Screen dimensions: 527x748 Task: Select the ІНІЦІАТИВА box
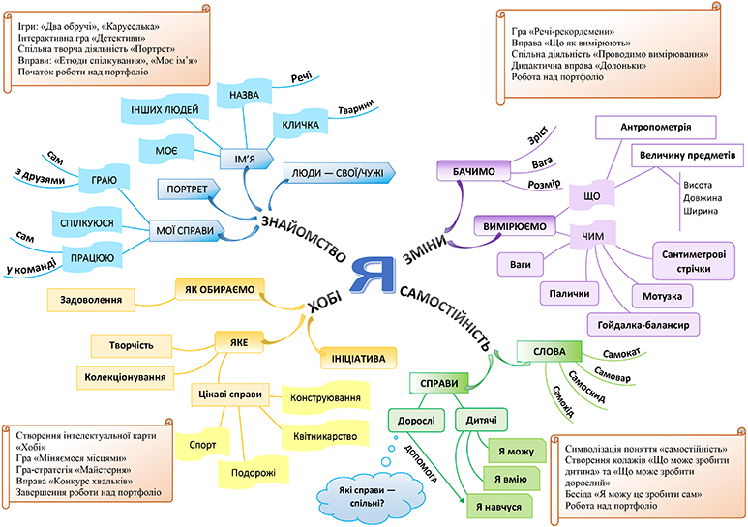click(x=358, y=358)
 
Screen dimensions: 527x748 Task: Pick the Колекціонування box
click(x=123, y=375)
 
